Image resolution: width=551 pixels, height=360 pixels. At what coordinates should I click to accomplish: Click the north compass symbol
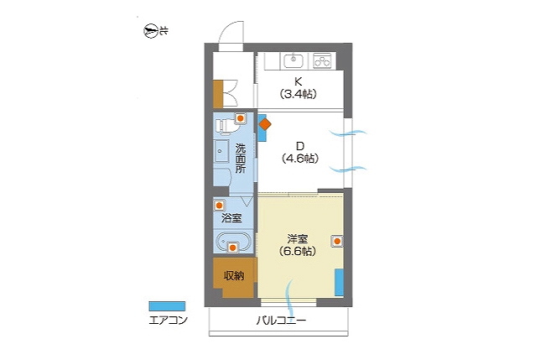(150, 31)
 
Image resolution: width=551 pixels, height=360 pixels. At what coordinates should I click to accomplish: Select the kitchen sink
(293, 61)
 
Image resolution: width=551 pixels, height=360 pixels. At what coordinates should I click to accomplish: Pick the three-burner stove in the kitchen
(322, 61)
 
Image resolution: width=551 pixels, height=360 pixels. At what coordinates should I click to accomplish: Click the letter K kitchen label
(298, 82)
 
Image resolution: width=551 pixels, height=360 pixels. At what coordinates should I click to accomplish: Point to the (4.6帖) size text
(300, 159)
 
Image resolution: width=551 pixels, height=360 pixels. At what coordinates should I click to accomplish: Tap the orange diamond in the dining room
(265, 124)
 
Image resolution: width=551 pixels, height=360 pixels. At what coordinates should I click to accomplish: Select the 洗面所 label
(241, 158)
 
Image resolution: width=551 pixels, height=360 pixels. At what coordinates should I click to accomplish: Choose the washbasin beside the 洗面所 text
(221, 151)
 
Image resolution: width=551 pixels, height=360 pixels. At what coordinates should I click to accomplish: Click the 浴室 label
(231, 218)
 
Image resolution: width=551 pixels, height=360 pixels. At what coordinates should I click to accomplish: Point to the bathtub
(232, 242)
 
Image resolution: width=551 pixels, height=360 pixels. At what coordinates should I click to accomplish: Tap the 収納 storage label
(234, 276)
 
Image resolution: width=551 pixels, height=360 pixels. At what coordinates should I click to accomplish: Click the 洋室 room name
(298, 239)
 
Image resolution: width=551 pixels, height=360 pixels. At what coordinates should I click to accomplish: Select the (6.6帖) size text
(297, 252)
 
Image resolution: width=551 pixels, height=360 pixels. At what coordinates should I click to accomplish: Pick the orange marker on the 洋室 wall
(337, 241)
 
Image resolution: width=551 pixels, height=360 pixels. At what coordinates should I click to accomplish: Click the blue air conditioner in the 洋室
(339, 282)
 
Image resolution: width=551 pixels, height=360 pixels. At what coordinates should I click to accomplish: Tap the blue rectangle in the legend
(167, 306)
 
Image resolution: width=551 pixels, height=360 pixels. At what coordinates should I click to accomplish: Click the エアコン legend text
(168, 321)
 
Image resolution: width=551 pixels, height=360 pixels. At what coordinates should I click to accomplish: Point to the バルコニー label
(281, 321)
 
